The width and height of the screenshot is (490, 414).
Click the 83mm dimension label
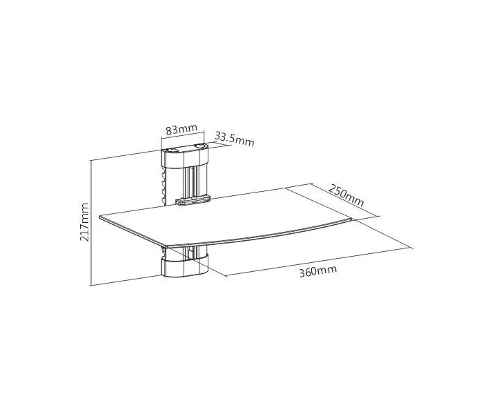pyautogui.click(x=182, y=129)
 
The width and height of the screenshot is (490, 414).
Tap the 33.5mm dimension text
pyautogui.click(x=235, y=139)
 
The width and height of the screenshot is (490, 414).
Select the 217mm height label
pyautogui.click(x=84, y=222)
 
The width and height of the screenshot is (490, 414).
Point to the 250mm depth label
pyautogui.click(x=346, y=195)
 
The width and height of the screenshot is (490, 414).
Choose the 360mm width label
pyautogui.click(x=318, y=271)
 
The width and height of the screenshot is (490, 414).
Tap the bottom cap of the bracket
pyautogui.click(x=185, y=266)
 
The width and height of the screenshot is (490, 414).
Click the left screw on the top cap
pyautogui.click(x=172, y=150)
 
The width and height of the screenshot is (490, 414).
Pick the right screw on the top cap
pyautogui.click(x=200, y=146)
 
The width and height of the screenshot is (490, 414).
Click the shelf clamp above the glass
pyautogui.click(x=193, y=200)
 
